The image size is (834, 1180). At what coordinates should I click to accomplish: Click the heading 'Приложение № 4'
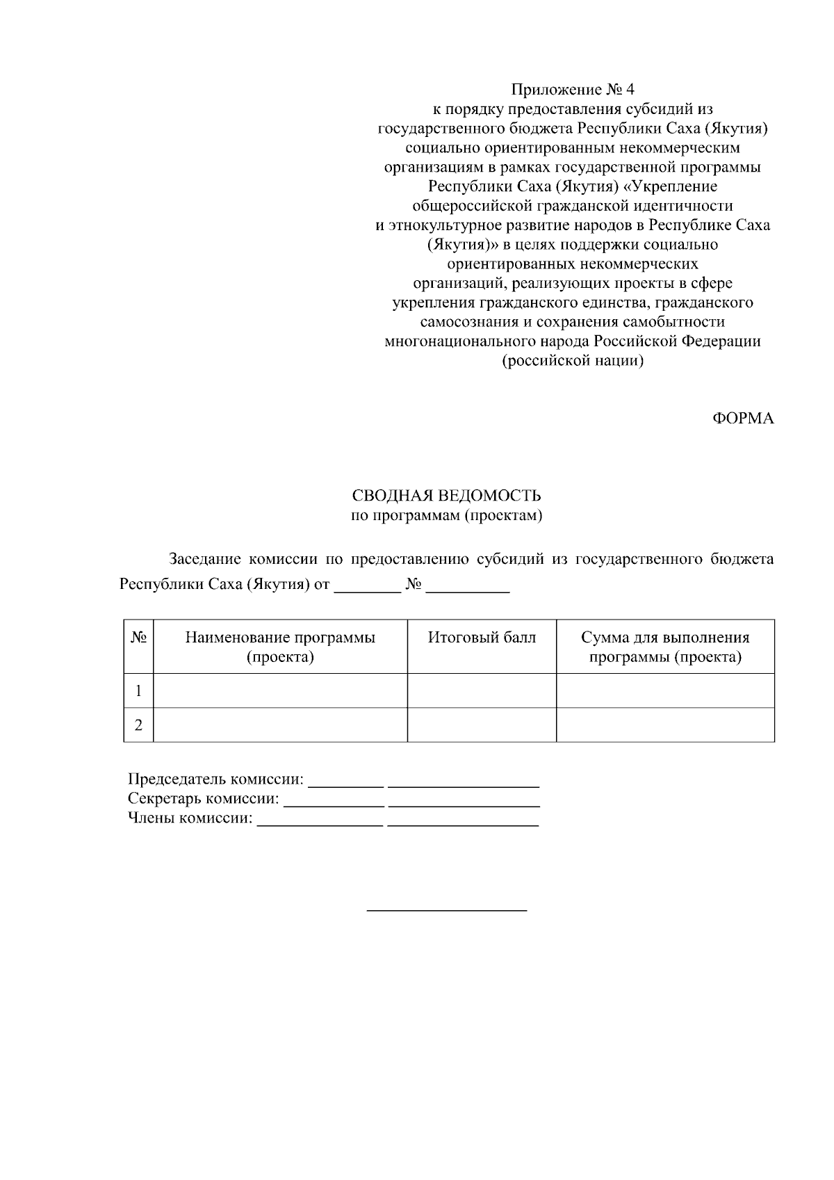[x=573, y=90]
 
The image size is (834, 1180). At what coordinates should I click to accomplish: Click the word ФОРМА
[x=743, y=419]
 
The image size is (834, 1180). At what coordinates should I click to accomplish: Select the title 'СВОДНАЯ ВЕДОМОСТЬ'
[x=446, y=496]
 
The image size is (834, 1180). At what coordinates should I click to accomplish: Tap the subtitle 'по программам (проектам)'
[x=446, y=515]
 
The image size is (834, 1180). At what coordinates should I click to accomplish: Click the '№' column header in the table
[x=138, y=638]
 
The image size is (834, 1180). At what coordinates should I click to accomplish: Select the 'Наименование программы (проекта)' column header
[x=280, y=647]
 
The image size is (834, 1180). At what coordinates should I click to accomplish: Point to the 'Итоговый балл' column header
[x=482, y=638]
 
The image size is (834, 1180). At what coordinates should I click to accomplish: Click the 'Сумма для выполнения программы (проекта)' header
[x=665, y=647]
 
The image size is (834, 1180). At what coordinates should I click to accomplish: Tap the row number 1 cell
[x=138, y=690]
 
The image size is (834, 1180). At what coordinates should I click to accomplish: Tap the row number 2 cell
[x=138, y=725]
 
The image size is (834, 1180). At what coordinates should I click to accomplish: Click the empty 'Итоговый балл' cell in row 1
[x=482, y=690]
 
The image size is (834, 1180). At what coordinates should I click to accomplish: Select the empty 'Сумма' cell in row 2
[x=665, y=725]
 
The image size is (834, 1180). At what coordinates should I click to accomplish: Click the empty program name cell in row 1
[x=280, y=690]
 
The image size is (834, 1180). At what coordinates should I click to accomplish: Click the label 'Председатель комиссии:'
[x=216, y=779]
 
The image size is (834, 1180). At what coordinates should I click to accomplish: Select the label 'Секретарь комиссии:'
[x=204, y=799]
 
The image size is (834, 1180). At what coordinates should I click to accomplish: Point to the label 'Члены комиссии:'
[x=190, y=818]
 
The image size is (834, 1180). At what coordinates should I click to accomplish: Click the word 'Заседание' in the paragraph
[x=205, y=560]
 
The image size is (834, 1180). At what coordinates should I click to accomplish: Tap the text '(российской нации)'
[x=573, y=361]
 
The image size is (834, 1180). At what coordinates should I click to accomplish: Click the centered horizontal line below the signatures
[x=446, y=910]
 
